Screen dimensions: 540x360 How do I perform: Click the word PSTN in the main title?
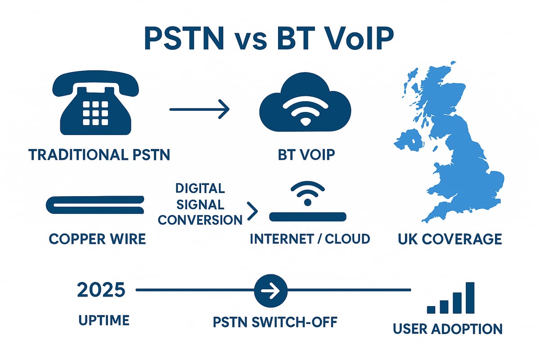click(184, 39)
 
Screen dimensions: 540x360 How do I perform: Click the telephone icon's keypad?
click(95, 113)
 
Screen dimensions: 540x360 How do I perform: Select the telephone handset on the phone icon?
click(95, 83)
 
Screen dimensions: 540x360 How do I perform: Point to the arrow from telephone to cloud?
click(199, 109)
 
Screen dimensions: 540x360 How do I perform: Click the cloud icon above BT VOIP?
click(305, 102)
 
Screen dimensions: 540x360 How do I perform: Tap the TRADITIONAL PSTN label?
click(99, 154)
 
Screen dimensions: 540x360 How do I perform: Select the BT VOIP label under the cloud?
click(306, 154)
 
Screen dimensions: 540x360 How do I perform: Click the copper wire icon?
click(95, 205)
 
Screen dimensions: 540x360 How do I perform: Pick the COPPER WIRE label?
click(97, 239)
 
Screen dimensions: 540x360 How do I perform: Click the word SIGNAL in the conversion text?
click(200, 205)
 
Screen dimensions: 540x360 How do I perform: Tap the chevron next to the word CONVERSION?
click(252, 211)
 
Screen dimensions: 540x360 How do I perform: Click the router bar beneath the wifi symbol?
click(308, 217)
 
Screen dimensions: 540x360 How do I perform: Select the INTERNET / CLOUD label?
click(310, 239)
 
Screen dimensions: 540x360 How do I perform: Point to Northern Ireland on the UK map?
click(409, 140)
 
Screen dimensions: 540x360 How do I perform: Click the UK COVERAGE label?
click(450, 239)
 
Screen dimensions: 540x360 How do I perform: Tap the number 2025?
click(101, 290)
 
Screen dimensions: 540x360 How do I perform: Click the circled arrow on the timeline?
click(271, 291)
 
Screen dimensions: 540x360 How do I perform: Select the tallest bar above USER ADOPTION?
click(470, 298)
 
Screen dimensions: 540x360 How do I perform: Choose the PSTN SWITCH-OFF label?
click(275, 322)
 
